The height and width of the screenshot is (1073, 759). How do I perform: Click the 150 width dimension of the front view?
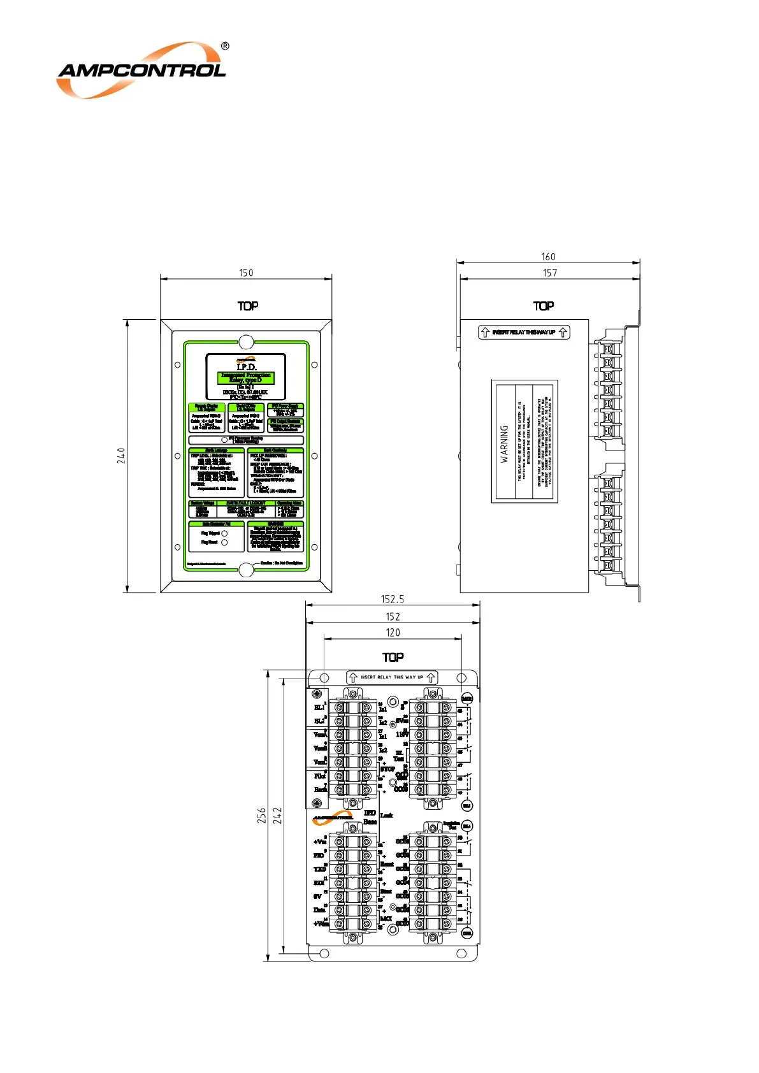(246, 273)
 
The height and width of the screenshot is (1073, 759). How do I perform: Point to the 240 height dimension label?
(121, 455)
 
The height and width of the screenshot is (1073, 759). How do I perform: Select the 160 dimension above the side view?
(548, 257)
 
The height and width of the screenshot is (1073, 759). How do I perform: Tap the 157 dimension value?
(550, 273)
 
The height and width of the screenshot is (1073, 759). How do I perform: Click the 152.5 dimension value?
(393, 599)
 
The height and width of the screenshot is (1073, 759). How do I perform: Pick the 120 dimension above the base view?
(393, 633)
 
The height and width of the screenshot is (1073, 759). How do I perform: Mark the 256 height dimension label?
(262, 816)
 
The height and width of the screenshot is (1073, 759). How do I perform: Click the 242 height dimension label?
(277, 816)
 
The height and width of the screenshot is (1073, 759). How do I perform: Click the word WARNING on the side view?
(504, 443)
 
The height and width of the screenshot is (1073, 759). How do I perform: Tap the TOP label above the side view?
(544, 306)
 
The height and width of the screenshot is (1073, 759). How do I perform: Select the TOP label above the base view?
(393, 657)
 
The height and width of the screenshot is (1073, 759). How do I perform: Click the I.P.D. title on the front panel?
(246, 366)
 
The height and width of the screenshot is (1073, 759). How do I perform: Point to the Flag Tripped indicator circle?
(224, 533)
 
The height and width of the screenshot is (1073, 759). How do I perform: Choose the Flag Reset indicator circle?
(224, 542)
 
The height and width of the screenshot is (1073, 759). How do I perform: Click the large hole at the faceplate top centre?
(246, 342)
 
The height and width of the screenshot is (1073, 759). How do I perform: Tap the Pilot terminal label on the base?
(319, 776)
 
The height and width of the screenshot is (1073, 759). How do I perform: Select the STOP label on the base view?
(387, 769)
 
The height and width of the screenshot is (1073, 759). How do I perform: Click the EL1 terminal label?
(319, 707)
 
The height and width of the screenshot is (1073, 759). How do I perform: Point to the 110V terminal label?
(402, 735)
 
